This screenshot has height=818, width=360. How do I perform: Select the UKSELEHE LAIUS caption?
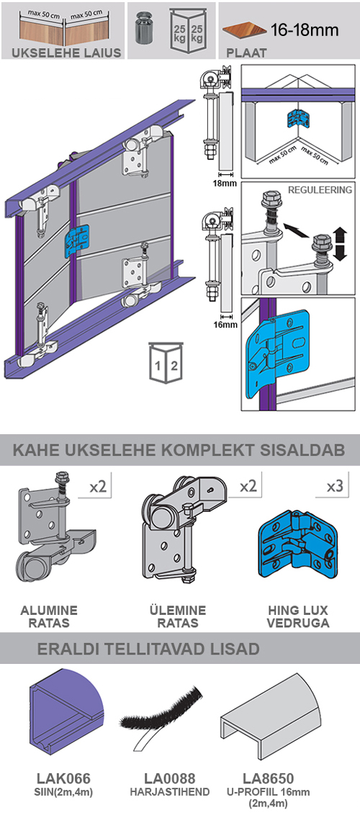pos(61,53)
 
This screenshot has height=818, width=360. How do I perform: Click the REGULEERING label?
pos(320,190)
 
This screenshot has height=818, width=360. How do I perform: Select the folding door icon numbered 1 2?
pos(166,359)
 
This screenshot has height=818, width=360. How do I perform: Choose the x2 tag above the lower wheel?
pos(98,487)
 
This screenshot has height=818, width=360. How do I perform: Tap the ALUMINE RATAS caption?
pos(49,616)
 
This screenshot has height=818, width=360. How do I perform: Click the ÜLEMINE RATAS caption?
pos(177,616)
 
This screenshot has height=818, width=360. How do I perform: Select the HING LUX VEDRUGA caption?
pos(300,616)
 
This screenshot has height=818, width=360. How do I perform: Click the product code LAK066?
pos(63,778)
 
